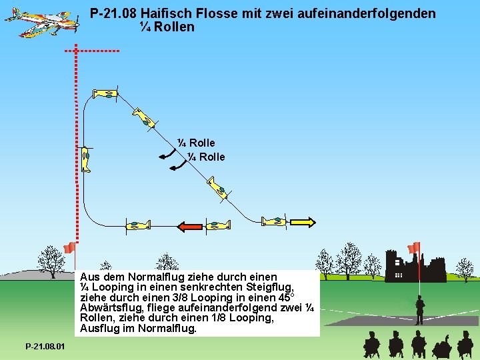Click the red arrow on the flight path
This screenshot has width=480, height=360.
click(x=190, y=227)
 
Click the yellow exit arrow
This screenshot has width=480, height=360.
click(x=303, y=221)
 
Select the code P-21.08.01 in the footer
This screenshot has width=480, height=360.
click(x=45, y=347)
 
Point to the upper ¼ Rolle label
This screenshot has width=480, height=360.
click(x=196, y=143)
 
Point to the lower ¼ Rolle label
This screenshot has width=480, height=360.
click(x=206, y=157)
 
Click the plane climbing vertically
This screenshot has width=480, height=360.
click(x=86, y=160)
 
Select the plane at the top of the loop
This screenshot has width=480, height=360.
click(x=106, y=94)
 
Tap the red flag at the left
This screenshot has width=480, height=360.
click(x=69, y=248)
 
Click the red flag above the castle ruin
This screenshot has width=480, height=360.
click(x=415, y=247)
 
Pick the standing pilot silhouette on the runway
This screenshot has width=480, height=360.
click(x=420, y=310)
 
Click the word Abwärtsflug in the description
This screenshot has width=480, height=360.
click(x=111, y=307)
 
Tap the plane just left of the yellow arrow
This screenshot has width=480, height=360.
click(x=274, y=221)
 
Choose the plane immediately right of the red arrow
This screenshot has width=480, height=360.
click(x=217, y=225)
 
